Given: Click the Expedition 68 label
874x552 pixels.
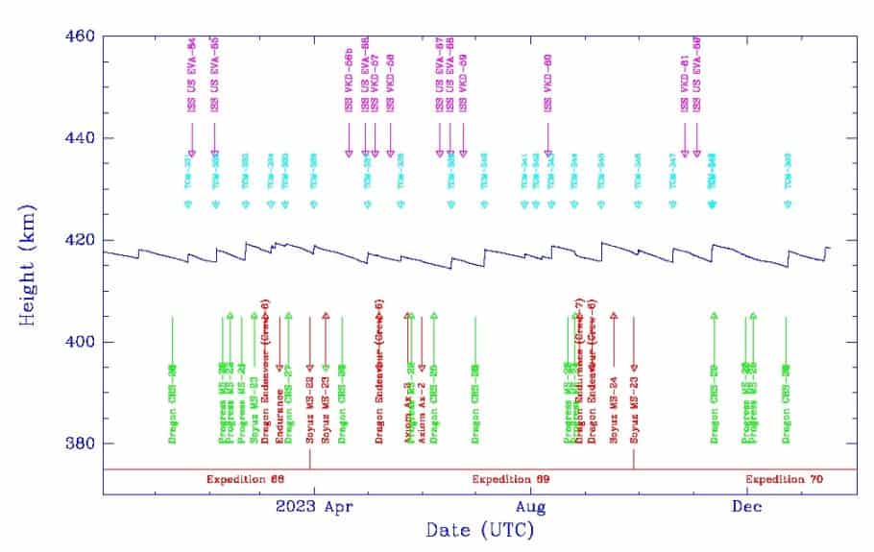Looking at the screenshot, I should click(x=246, y=478).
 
